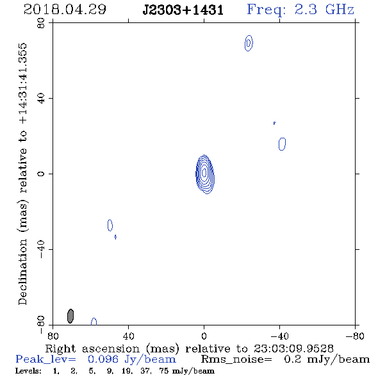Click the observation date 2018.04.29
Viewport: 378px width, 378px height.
(x=65, y=10)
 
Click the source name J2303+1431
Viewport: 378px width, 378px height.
(x=183, y=10)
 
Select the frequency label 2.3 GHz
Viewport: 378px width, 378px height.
(x=324, y=10)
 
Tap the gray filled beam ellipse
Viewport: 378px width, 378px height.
(x=70, y=316)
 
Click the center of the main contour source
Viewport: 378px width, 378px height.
(x=204, y=173)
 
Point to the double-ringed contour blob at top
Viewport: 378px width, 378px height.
(x=249, y=43)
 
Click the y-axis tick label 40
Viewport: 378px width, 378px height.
(x=41, y=99)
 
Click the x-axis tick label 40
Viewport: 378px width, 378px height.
(x=128, y=336)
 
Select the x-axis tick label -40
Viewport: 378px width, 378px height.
(x=279, y=336)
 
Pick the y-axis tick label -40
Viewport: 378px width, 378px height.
(x=41, y=249)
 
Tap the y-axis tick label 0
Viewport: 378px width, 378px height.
(x=41, y=174)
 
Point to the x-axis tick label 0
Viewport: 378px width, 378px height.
(x=204, y=336)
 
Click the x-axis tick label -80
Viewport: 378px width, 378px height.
(x=355, y=336)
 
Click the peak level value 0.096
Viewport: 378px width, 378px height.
(x=103, y=359)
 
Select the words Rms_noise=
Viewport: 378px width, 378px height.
(x=236, y=359)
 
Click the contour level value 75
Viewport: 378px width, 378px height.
(x=165, y=371)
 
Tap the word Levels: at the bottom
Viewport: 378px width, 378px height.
(x=28, y=371)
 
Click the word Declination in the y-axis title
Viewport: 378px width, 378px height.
(x=22, y=272)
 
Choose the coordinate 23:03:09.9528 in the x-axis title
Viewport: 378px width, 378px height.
(x=293, y=349)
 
